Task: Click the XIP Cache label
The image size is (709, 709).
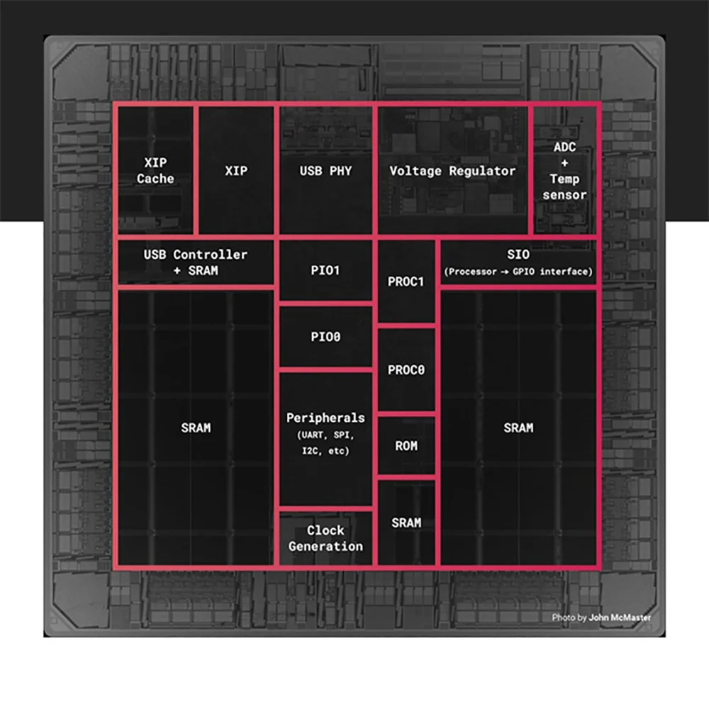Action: pyautogui.click(x=155, y=171)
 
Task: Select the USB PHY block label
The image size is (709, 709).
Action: pyautogui.click(x=325, y=171)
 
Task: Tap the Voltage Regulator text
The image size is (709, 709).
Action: pyautogui.click(x=452, y=171)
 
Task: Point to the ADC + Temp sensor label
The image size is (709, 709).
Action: pyautogui.click(x=564, y=171)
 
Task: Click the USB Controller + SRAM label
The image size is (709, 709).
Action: pyautogui.click(x=195, y=262)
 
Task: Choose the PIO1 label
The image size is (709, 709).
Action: pyautogui.click(x=325, y=271)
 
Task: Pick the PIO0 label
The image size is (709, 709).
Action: pyautogui.click(x=325, y=337)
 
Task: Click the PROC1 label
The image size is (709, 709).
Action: pyautogui.click(x=406, y=281)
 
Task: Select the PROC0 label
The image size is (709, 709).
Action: pyautogui.click(x=406, y=369)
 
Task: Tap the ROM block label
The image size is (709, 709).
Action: pyautogui.click(x=406, y=446)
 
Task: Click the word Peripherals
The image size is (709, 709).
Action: pyautogui.click(x=325, y=418)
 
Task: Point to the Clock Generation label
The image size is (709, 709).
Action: pyautogui.click(x=325, y=538)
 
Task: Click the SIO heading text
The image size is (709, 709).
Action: pyautogui.click(x=518, y=255)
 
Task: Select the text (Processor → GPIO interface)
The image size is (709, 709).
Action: pyautogui.click(x=518, y=272)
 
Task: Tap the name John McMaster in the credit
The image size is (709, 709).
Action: pyautogui.click(x=619, y=618)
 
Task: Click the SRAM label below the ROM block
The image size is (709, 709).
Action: pyautogui.click(x=406, y=523)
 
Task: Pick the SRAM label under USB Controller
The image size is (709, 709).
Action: pyautogui.click(x=195, y=428)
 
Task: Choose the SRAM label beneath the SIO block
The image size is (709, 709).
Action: pyautogui.click(x=518, y=428)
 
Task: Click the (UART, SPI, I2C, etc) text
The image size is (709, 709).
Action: pyautogui.click(x=325, y=442)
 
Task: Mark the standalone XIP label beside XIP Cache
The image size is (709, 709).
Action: pyautogui.click(x=235, y=171)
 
